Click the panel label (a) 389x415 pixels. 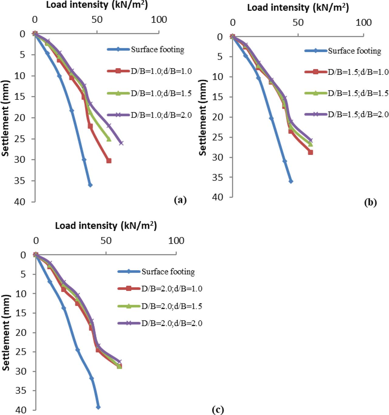(180, 200)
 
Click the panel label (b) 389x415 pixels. (370, 202)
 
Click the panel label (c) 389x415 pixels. (218, 410)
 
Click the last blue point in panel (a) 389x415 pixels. (90, 185)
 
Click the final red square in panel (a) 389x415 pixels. (109, 161)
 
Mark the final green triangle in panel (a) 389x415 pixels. (109, 139)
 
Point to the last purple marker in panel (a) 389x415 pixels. (121, 143)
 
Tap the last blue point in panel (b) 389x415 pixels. (291, 181)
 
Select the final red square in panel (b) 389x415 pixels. (310, 152)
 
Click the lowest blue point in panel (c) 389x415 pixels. (98, 407)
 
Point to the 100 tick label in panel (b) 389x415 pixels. (363, 23)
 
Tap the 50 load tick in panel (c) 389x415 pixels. (106, 241)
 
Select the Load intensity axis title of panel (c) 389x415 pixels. (106, 225)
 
